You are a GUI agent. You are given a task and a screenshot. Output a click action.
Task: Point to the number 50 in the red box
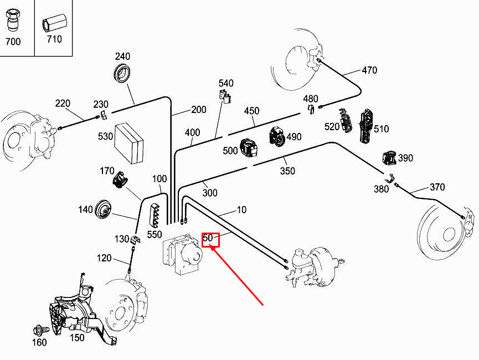coord(208,239)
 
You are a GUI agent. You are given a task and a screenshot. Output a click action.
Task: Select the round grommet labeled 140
coord(104,209)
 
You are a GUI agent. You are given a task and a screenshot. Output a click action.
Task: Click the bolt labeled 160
coord(40,331)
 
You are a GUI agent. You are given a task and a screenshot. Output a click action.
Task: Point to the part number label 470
coord(369,70)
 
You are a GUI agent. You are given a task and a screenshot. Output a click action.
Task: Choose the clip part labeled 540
coord(225,96)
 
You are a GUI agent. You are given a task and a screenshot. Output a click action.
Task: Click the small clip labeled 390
coord(390,158)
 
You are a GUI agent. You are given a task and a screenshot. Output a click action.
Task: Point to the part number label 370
coord(437,187)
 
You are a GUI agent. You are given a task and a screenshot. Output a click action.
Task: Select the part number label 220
coord(63,104)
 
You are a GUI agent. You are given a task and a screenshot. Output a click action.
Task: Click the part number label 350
coord(287,171)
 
